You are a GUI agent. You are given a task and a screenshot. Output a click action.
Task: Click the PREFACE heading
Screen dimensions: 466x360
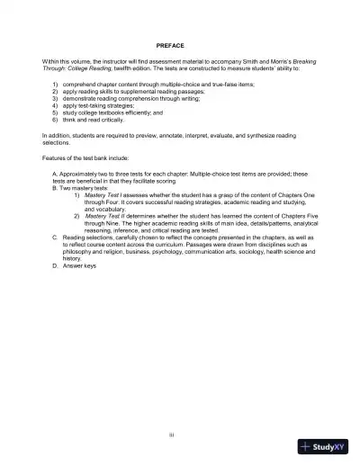(170, 44)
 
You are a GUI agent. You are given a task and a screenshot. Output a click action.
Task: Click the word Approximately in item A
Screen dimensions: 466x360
(80, 172)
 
